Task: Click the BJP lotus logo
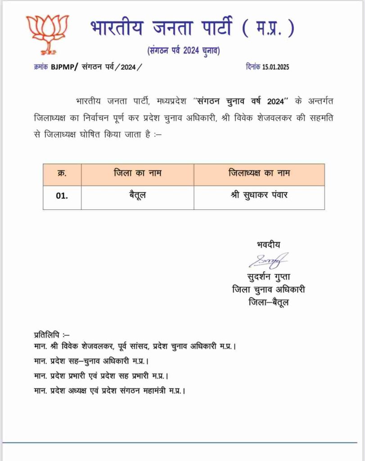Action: click(47, 33)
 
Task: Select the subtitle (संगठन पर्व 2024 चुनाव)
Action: click(183, 50)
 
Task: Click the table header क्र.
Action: click(62, 173)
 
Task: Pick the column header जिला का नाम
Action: click(137, 173)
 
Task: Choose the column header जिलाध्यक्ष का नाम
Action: click(259, 173)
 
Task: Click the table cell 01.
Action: click(62, 197)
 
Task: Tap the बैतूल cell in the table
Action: click(137, 197)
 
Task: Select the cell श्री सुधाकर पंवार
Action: click(259, 197)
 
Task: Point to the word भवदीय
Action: click(268, 244)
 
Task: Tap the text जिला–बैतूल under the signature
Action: click(269, 302)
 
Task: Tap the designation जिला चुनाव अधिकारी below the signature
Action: click(269, 289)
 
